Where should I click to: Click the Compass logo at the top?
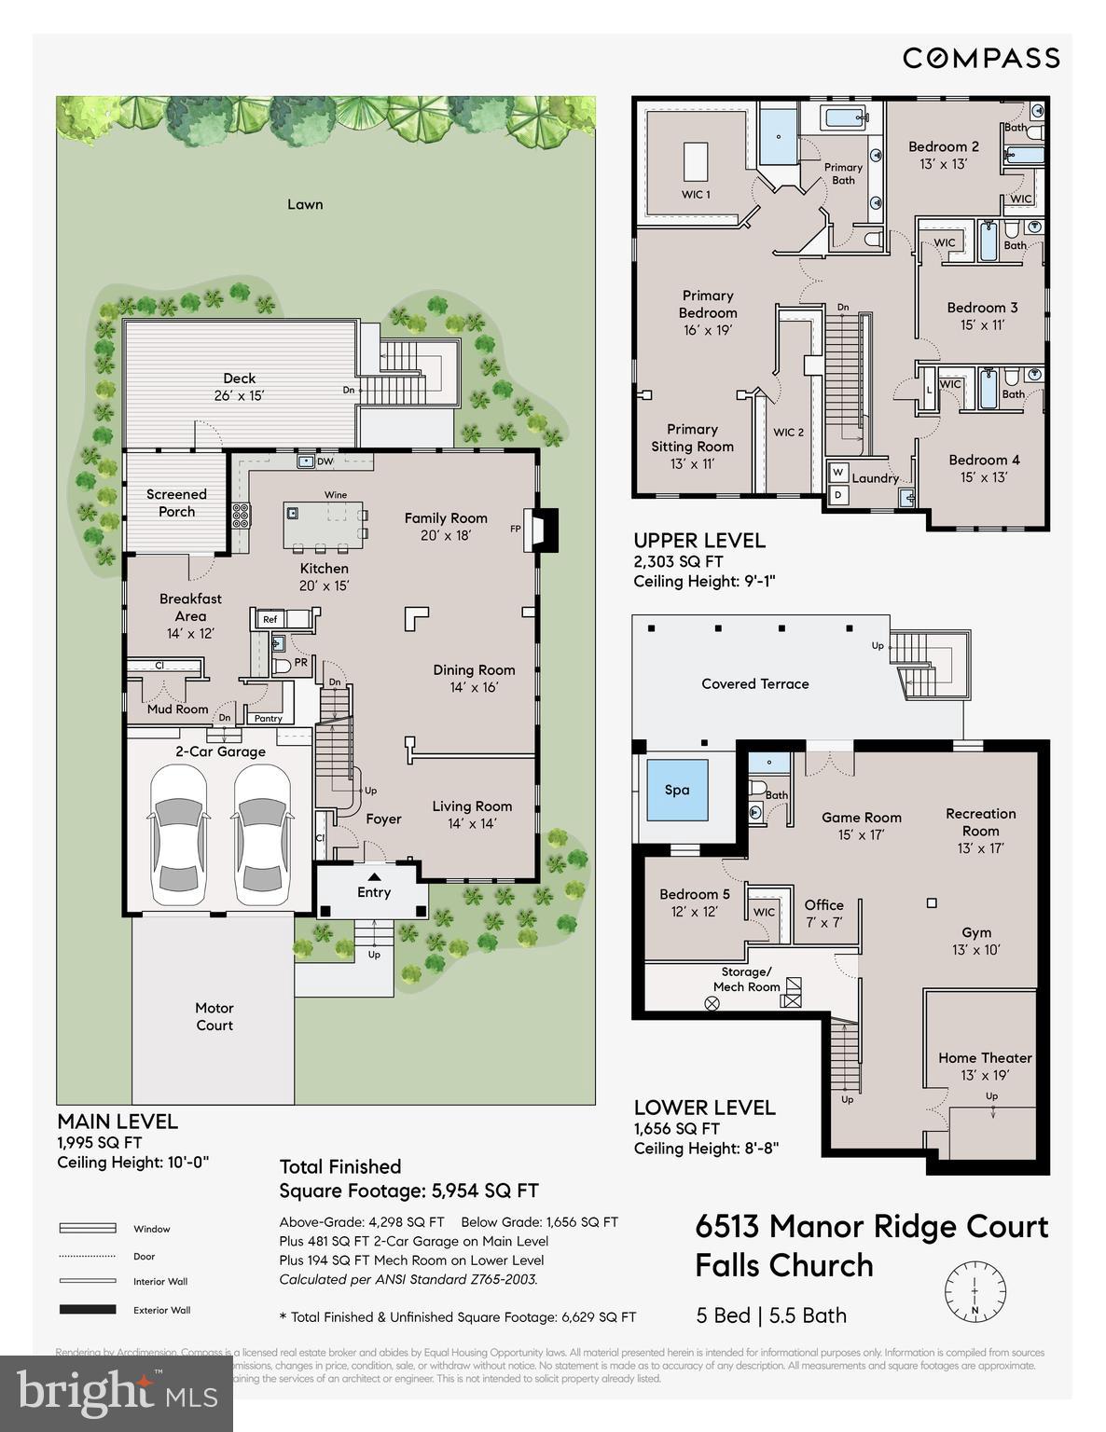tap(980, 58)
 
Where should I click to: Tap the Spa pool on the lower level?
tap(677, 790)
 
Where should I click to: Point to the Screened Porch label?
tap(176, 503)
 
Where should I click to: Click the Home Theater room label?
tap(985, 1066)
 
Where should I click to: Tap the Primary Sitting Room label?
tap(692, 446)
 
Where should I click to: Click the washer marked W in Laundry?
tap(837, 472)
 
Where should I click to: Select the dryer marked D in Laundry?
tap(837, 495)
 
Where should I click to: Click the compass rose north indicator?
tap(975, 1291)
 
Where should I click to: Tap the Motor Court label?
tap(214, 1016)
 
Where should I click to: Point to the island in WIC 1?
tap(696, 160)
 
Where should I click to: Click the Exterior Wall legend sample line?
tap(88, 1310)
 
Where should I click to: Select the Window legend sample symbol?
tap(88, 1229)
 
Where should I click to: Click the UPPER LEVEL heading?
tap(699, 541)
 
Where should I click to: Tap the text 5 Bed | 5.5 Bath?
tap(771, 1315)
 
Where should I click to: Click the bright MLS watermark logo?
tap(117, 1393)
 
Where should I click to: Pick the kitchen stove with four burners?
tap(241, 515)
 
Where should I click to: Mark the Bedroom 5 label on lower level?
tap(694, 902)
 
